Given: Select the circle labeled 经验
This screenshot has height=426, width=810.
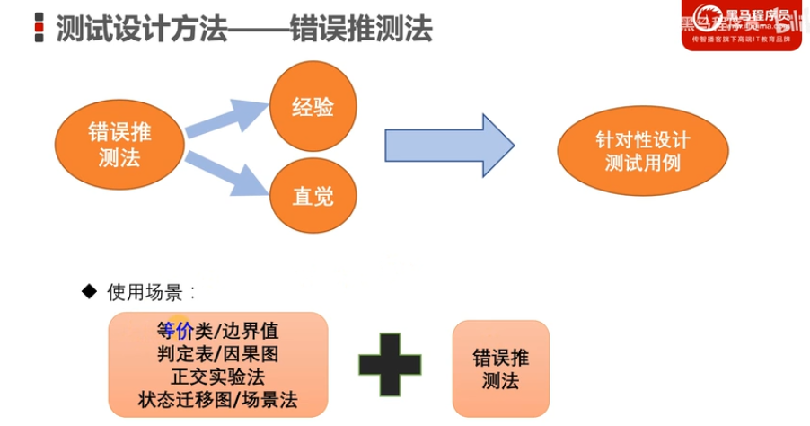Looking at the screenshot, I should point(313,107).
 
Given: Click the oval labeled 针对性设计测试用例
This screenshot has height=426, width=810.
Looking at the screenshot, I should point(643,152).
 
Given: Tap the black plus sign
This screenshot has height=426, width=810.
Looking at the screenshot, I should point(390,364).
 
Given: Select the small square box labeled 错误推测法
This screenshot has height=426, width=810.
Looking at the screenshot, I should point(501,368).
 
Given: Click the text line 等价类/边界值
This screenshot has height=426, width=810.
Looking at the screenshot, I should point(218,330).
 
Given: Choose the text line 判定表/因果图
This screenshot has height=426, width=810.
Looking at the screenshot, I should point(218,353).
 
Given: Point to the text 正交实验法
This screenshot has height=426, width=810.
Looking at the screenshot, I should point(218,376).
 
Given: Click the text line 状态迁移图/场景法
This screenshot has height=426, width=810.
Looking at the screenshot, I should point(218,399).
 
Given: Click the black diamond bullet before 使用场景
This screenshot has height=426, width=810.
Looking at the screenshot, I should point(88,291).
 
